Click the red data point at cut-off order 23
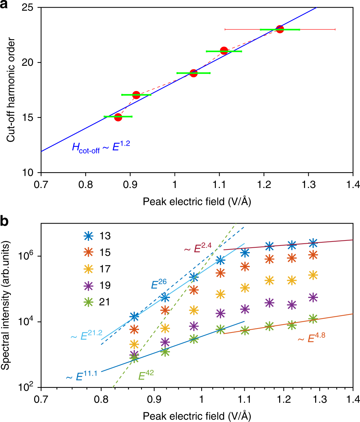pos(280,29)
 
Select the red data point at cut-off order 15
pos(118,117)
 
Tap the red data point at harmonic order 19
pos(193,73)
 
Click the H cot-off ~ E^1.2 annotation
pos(101,147)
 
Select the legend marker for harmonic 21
pos(88,302)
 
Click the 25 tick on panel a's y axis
pos(31,8)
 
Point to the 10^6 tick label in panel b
pos(29,256)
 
